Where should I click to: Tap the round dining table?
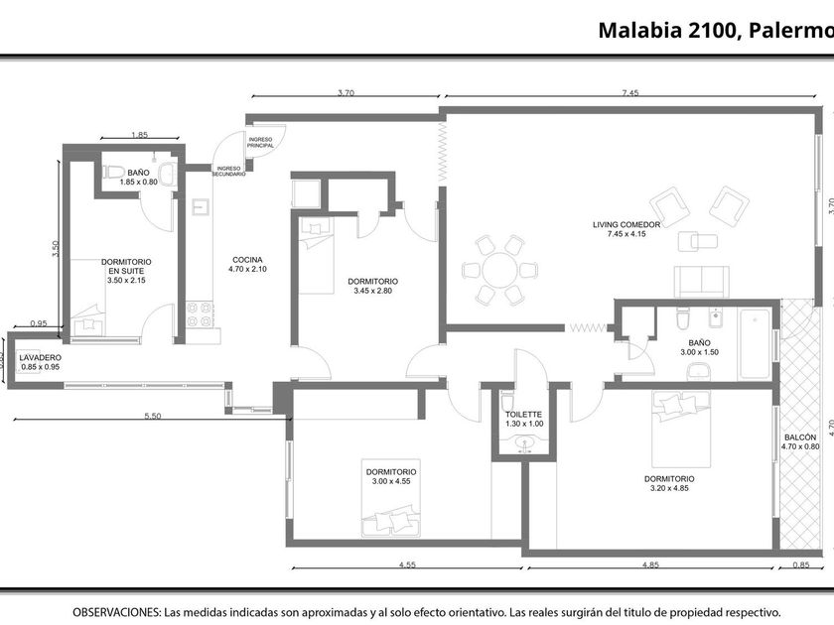500,270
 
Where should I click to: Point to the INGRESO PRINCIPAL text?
260,143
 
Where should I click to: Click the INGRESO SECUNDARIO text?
229,171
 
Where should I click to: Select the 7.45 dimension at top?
630,93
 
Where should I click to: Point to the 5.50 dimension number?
153,416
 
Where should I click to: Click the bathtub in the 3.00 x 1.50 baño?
755,344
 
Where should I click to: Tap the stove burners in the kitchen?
199,314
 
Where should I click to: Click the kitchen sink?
201,206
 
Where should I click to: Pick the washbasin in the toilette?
524,443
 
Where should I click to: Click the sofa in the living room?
701,281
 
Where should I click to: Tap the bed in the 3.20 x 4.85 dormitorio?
681,429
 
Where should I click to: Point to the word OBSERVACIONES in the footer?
116,612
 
